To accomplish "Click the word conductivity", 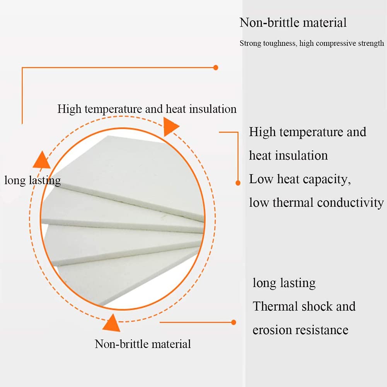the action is coord(350,203).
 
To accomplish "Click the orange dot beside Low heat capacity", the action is coord(238,182).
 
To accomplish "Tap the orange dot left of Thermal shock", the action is coord(233,322).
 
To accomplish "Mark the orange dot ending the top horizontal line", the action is coord(216,68).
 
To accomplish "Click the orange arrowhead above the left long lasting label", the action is coord(41,160).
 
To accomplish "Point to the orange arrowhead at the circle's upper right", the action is coord(170,126).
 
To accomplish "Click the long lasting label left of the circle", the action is coord(32,180).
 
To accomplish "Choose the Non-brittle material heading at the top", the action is coord(293,22).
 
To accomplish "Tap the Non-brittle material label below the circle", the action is coord(143,344).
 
